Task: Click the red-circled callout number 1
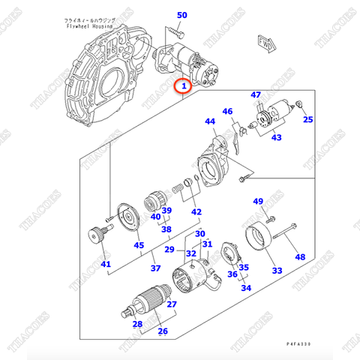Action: tap(182, 87)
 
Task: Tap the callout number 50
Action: tap(182, 14)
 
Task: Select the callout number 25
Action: tap(307, 119)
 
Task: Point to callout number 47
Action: tap(256, 94)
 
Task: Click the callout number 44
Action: tap(210, 121)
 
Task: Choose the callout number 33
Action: tap(277, 270)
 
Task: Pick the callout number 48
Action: tap(300, 257)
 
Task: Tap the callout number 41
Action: tap(105, 264)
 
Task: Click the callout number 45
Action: tap(139, 244)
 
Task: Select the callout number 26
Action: tap(162, 331)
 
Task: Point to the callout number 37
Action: tap(155, 268)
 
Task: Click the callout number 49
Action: tap(257, 201)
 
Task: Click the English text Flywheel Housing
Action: tap(88, 25)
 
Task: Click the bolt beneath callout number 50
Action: tap(176, 31)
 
